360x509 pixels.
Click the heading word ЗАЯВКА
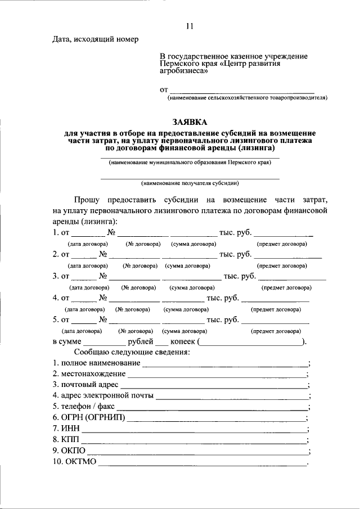tap(190, 122)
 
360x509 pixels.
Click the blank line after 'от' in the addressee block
tap(242, 90)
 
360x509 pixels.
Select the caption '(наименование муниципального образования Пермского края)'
tap(190, 163)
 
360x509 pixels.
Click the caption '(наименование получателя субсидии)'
tap(190, 183)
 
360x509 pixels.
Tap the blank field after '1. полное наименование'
tap(225, 364)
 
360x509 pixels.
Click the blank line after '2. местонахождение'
tap(217, 374)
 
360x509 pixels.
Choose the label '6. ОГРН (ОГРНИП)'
tap(89, 417)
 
